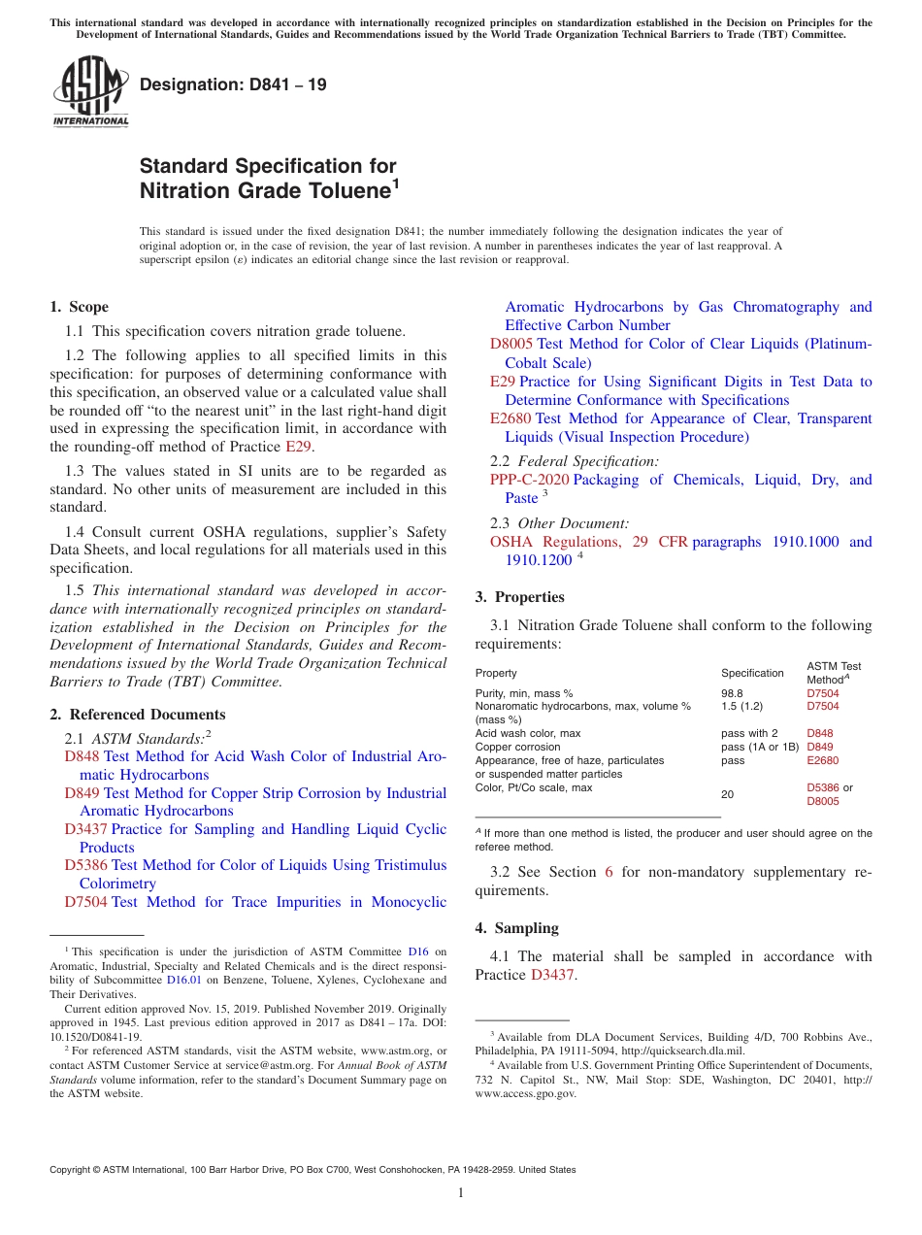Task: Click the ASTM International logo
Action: pyautogui.click(x=90, y=92)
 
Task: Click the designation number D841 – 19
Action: pyautogui.click(x=233, y=84)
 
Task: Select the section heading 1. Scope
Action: pyautogui.click(x=80, y=307)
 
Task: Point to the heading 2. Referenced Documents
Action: pyautogui.click(x=124, y=715)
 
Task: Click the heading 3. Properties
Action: pyautogui.click(x=519, y=597)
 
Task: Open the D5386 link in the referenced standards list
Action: pyautogui.click(x=85, y=865)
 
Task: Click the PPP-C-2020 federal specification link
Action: pyautogui.click(x=529, y=480)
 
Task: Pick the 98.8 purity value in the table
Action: pyautogui.click(x=732, y=693)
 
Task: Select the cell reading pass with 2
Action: pyautogui.click(x=749, y=733)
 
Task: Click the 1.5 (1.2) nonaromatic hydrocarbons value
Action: pyautogui.click(x=741, y=706)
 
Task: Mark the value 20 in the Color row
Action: pyautogui.click(x=727, y=794)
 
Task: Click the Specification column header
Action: pyautogui.click(x=752, y=673)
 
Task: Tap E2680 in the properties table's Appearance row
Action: pyautogui.click(x=822, y=760)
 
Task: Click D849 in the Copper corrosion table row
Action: pyautogui.click(x=820, y=747)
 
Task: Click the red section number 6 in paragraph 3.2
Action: pyautogui.click(x=609, y=872)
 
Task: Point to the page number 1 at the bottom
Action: pyautogui.click(x=461, y=1192)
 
